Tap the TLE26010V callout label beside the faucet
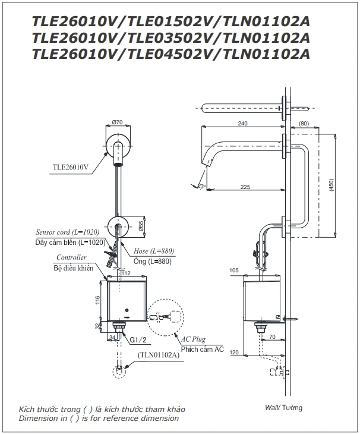(70, 168)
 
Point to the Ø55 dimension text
(140, 227)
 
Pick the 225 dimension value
(245, 186)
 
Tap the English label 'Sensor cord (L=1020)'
(67, 232)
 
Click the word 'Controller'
(71, 257)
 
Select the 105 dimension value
(233, 271)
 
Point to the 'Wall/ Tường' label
(284, 408)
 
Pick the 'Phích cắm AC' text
(203, 350)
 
